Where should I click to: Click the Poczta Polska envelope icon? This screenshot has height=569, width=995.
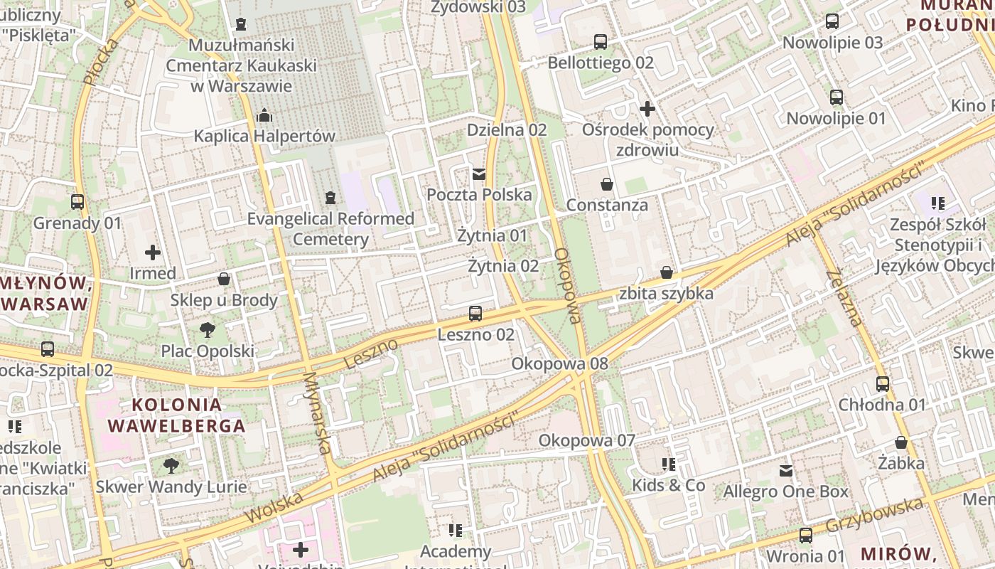tap(479, 174)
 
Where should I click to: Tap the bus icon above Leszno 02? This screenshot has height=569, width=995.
tap(475, 314)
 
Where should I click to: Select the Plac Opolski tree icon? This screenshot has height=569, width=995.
tap(207, 329)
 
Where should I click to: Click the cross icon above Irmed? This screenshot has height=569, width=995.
tap(153, 252)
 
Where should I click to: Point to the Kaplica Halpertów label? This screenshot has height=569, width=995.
tap(264, 136)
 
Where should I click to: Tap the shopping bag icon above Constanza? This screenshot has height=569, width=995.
tap(607, 184)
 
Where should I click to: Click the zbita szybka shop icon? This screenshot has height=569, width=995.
tap(667, 272)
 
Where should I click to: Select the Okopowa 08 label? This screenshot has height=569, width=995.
tap(560, 364)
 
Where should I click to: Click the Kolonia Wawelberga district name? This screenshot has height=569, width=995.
tap(176, 415)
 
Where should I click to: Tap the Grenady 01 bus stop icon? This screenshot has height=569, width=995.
tap(77, 202)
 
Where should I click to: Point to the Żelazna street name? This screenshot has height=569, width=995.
tap(844, 297)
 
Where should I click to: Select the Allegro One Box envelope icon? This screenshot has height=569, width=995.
tap(786, 471)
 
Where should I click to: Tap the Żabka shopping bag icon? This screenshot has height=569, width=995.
tap(901, 442)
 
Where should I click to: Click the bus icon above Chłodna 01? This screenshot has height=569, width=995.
tap(882, 384)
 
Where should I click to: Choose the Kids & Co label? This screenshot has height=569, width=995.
tap(669, 485)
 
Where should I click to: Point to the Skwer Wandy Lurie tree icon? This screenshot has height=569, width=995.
tap(171, 466)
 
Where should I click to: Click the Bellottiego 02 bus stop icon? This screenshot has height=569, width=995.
tap(601, 42)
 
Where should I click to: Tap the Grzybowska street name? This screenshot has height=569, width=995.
tap(876, 517)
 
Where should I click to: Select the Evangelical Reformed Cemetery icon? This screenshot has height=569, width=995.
tap(330, 197)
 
